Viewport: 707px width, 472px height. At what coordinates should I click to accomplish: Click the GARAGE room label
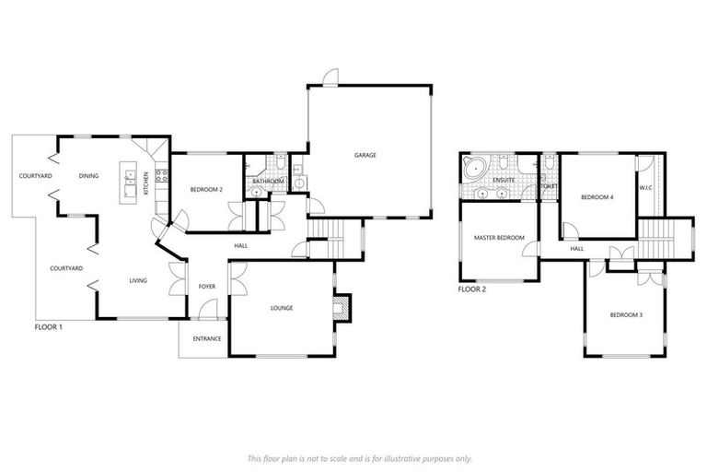[365, 155]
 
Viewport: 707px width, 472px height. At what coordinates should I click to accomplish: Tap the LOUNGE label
[282, 308]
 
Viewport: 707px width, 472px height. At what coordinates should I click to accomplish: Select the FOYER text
[207, 287]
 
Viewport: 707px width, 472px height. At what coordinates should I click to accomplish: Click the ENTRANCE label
[206, 338]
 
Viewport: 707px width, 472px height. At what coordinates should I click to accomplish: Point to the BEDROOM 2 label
[206, 189]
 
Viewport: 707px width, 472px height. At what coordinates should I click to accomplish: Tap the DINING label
[88, 175]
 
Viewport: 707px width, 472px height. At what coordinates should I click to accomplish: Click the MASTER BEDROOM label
[498, 238]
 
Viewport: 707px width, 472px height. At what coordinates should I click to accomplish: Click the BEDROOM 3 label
[625, 316]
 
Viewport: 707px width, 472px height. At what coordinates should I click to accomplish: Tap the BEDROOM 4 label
[597, 197]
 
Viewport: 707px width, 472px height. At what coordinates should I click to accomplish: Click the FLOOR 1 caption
[48, 326]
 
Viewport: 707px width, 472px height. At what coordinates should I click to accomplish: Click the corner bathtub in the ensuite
[475, 170]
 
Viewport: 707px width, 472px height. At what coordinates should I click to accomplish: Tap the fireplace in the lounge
[342, 307]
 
